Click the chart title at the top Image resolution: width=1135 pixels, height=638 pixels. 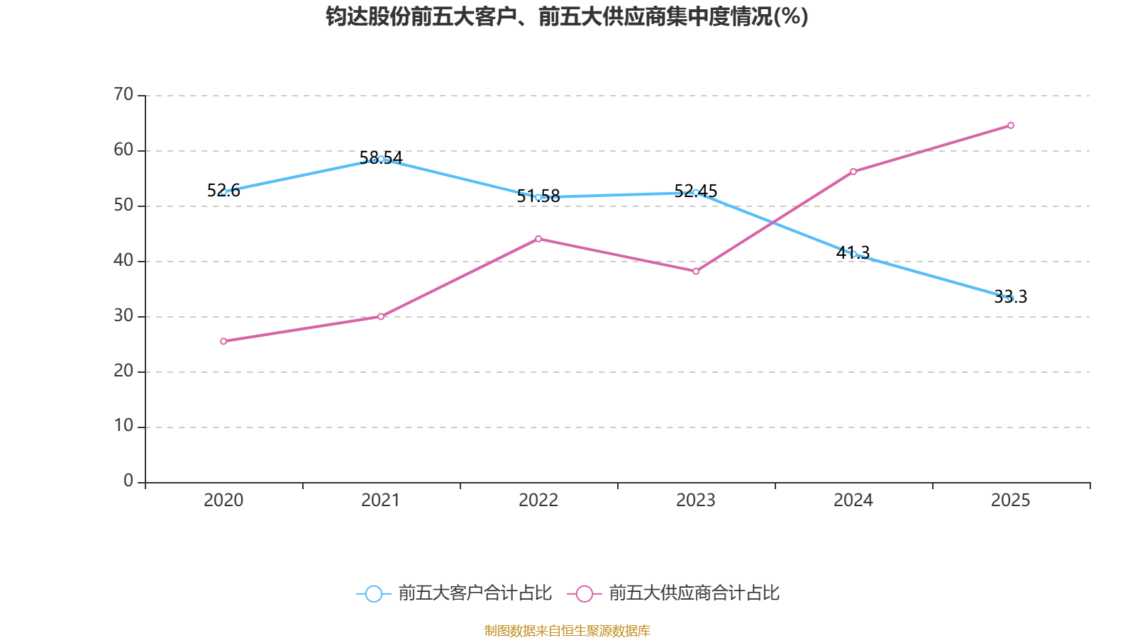tap(567, 16)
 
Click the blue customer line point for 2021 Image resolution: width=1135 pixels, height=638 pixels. tap(381, 159)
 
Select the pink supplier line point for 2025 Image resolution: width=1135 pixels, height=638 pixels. tap(1011, 125)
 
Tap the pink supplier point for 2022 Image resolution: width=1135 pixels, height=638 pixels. tap(538, 239)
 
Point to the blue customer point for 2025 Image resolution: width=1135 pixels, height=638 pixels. tap(1011, 298)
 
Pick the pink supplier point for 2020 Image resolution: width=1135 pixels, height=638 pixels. tap(223, 341)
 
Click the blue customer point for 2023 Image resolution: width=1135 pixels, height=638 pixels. tap(696, 193)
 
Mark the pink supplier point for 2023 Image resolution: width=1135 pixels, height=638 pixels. tap(696, 272)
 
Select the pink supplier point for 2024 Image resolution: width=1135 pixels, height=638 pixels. tap(853, 172)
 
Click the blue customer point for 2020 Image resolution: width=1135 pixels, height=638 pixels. tap(223, 191)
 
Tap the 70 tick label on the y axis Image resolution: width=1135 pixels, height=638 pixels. tap(123, 94)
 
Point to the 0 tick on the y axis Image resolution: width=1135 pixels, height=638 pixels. tap(128, 481)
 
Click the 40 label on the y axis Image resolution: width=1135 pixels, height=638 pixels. tap(123, 260)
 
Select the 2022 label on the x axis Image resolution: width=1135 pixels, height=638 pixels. tap(538, 500)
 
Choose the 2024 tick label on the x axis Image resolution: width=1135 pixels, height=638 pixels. tap(853, 500)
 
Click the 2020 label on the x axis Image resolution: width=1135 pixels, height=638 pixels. tap(223, 500)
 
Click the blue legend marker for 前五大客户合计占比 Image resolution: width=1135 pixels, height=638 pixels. tap(374, 593)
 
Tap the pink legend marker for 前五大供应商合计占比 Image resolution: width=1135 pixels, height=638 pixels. tap(585, 593)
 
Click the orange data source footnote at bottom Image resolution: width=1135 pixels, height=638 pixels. tap(567, 630)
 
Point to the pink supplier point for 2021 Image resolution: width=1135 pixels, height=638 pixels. tap(381, 316)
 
